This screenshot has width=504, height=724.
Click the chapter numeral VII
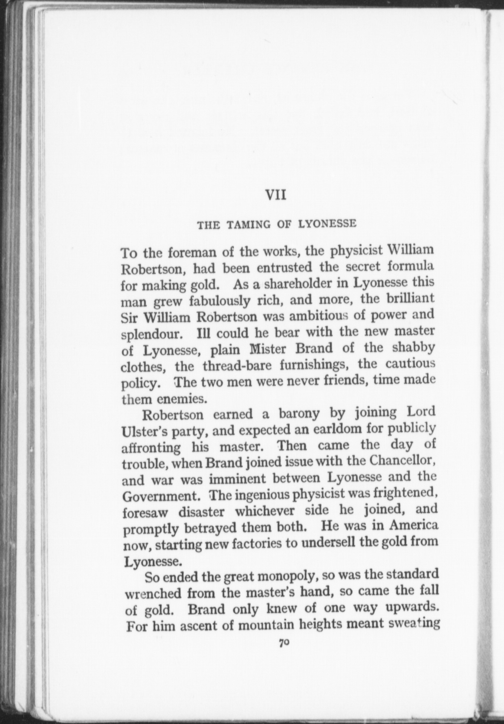click(276, 195)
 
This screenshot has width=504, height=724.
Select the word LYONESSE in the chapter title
click(327, 224)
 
